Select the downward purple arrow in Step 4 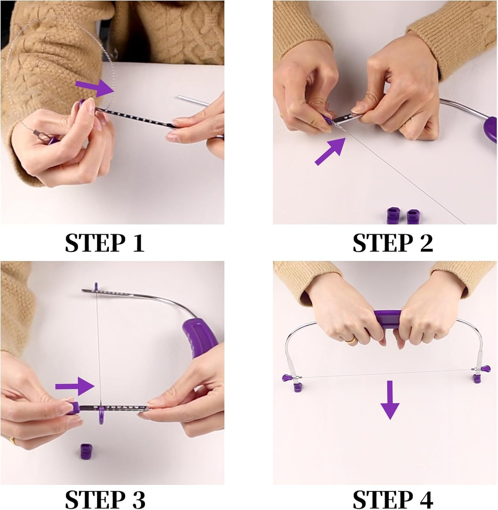pyautogui.click(x=390, y=400)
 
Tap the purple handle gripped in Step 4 pyautogui.click(x=388, y=319)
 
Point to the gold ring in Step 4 pyautogui.click(x=351, y=340)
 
